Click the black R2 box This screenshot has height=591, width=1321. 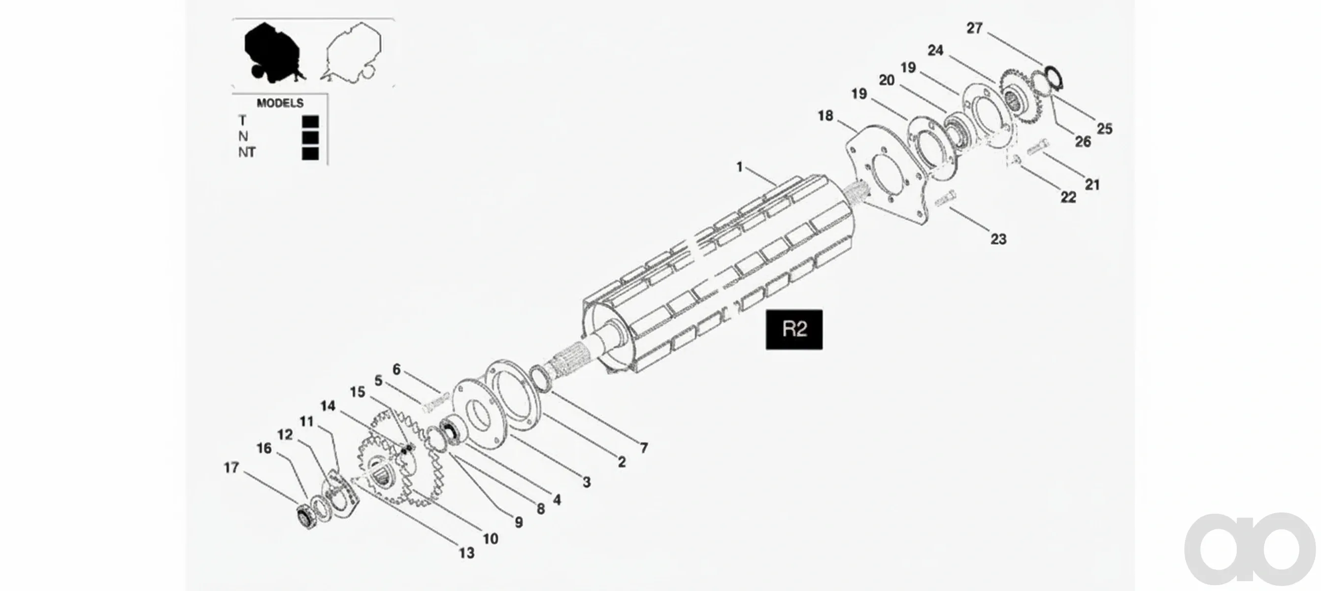(794, 329)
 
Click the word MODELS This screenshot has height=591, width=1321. (280, 103)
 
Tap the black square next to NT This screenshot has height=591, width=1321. (310, 153)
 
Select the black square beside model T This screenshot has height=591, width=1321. (310, 122)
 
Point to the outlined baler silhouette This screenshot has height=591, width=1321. (352, 52)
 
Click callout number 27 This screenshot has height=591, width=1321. (974, 28)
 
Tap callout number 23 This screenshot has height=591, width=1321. (998, 239)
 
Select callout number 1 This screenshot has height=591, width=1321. (739, 166)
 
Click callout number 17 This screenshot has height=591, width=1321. (231, 467)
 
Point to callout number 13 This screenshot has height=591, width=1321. (466, 553)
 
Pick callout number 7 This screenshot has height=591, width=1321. (644, 448)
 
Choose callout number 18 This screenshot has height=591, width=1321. (825, 116)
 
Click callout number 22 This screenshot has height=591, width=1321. (1068, 197)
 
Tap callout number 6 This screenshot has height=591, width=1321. (396, 369)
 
